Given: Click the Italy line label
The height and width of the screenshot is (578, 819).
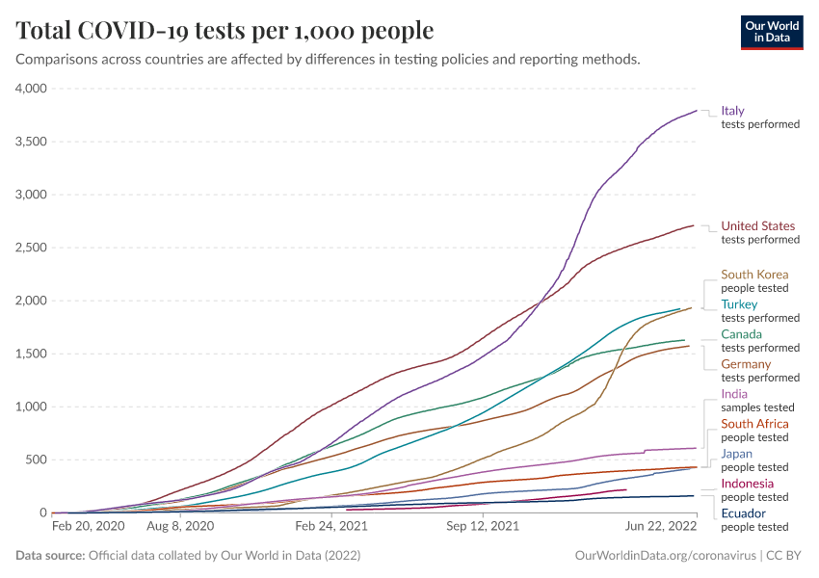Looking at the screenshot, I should tap(733, 111).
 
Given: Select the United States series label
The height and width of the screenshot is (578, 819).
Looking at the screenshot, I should tap(758, 226).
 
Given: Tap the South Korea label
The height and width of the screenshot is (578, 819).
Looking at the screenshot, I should tap(754, 275).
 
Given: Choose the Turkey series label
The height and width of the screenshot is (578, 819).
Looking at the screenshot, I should tap(739, 304).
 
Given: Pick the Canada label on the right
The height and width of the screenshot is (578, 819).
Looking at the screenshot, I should tap(741, 334).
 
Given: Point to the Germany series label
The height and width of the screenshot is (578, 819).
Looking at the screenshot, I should tap(746, 364).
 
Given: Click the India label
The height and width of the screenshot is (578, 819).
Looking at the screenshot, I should tap(734, 394).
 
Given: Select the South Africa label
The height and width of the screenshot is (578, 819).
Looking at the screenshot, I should tap(754, 424).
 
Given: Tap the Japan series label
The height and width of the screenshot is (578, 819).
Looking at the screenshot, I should tap(737, 454).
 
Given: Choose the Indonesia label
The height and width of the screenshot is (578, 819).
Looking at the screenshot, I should tap(748, 484).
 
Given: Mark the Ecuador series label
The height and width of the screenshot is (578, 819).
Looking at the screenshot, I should tap(744, 513).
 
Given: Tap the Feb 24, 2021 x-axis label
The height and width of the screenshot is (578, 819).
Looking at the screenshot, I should tap(331, 527).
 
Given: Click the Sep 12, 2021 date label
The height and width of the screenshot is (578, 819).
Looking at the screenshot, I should tap(484, 527).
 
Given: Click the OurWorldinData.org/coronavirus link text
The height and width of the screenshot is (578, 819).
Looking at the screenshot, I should tap(664, 556).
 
